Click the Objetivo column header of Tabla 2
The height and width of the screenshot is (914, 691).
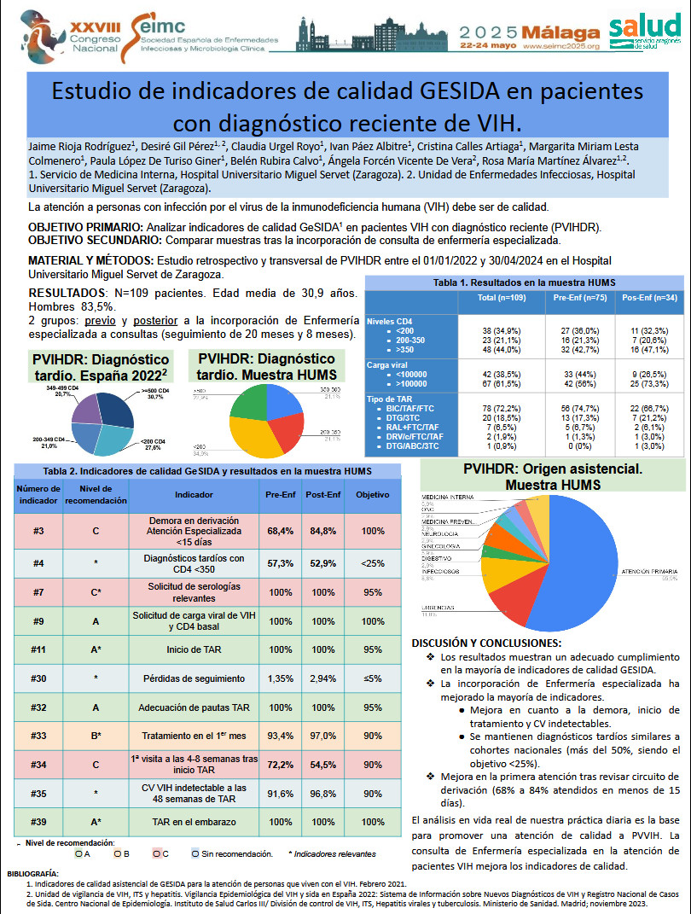[372, 494]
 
